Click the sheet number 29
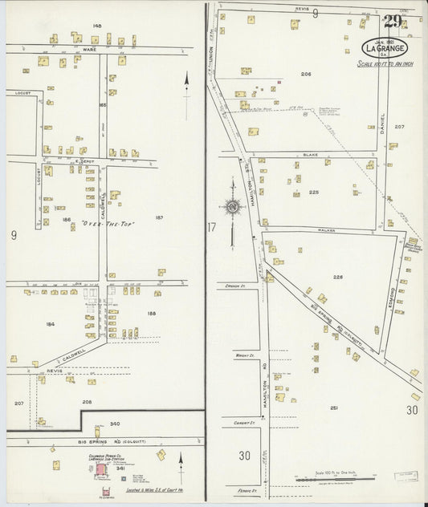point(393,22)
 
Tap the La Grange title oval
point(384,47)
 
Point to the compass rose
point(232,207)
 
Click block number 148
point(97,26)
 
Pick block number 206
point(305,74)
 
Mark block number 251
point(333,408)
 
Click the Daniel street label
point(382,120)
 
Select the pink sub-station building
point(101,468)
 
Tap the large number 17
point(211,228)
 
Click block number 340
point(115,424)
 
